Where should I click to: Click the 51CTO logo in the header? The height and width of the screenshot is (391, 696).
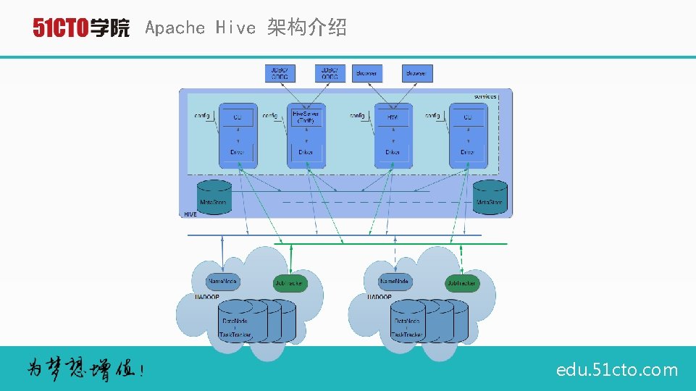tap(81, 28)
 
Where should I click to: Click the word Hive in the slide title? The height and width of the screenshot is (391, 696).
tap(235, 28)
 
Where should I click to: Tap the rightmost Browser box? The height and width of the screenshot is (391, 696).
tap(416, 73)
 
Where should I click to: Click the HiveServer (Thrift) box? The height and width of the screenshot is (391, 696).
tap(306, 117)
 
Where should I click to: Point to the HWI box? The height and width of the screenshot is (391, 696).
tap(393, 117)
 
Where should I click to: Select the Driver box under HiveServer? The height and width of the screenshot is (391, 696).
tap(306, 153)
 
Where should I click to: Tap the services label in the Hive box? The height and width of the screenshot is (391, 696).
tap(485, 96)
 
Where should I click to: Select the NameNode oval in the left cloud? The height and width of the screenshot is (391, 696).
tap(223, 281)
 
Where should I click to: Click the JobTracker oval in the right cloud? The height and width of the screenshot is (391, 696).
tap(461, 284)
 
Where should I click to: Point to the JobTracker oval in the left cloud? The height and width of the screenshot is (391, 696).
tap(289, 284)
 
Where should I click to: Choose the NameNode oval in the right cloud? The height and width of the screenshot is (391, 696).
tap(395, 281)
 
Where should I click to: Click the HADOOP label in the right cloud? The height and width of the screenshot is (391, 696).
tap(380, 297)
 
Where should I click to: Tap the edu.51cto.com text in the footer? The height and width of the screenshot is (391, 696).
tap(617, 370)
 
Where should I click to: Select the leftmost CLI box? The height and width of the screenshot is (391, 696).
tap(238, 117)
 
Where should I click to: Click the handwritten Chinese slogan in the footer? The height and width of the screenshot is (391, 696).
tap(85, 369)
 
